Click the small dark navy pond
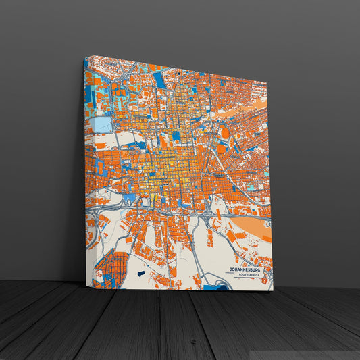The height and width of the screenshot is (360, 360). (x=140, y=274)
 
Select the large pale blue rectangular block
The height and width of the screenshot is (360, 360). (x=103, y=124)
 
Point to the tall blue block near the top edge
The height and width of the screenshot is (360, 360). (x=159, y=80)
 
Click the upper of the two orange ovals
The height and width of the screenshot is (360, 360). (x=225, y=132)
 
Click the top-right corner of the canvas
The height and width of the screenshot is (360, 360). (x=265, y=82)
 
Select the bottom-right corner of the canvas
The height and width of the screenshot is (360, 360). (x=272, y=291)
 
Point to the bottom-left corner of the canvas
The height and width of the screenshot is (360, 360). (x=86, y=286)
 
